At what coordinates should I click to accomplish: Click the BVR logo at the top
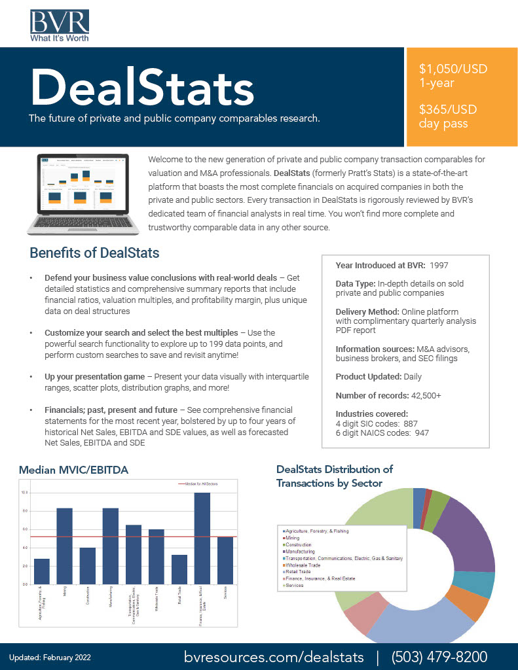[60, 25]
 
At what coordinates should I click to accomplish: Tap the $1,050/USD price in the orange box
[453, 69]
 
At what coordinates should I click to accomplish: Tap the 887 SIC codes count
[411, 423]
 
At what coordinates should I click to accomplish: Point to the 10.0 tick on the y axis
[25, 493]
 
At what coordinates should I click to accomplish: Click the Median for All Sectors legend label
[202, 484]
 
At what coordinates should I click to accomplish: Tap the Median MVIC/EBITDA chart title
[73, 470]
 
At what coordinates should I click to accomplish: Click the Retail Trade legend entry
[297, 572]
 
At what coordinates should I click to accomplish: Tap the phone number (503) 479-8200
[439, 656]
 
